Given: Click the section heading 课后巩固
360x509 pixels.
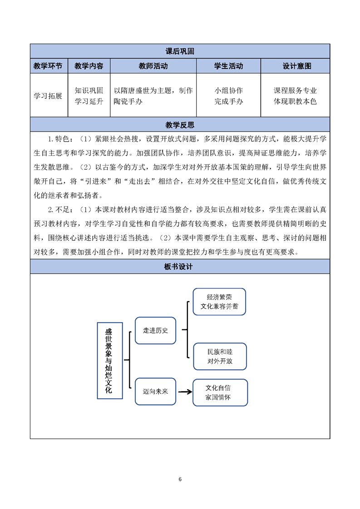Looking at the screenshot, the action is click(x=180, y=51).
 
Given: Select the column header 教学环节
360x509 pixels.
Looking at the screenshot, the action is click(x=48, y=66).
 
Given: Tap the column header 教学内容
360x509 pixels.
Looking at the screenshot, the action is click(x=89, y=66).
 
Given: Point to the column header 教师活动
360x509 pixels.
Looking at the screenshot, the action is click(x=153, y=66).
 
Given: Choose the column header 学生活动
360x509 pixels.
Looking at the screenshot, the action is click(x=228, y=66).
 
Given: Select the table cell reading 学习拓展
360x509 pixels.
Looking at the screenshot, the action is click(x=48, y=96).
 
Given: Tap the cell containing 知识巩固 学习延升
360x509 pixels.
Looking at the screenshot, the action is click(x=89, y=96).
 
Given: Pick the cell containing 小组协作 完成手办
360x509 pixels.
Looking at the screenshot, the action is click(x=228, y=96).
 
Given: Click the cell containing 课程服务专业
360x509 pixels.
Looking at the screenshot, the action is click(x=295, y=96).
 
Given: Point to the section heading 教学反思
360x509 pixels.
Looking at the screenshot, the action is click(x=180, y=125).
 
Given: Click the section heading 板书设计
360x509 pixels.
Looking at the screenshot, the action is click(x=178, y=266).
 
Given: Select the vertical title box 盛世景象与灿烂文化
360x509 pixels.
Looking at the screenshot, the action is click(x=110, y=360).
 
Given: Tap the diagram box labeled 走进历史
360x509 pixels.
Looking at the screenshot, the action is click(x=155, y=330).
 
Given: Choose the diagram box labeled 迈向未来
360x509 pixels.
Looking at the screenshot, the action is click(x=155, y=391).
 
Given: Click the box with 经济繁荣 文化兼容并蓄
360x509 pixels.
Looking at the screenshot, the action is click(x=219, y=302).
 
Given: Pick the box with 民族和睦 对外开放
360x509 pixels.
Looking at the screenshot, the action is click(x=220, y=357).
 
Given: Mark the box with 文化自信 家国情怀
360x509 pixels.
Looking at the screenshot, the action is click(x=220, y=392).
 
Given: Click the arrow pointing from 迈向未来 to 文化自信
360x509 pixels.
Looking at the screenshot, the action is click(x=185, y=392).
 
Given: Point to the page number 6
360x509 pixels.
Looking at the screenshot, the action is click(x=180, y=479).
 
